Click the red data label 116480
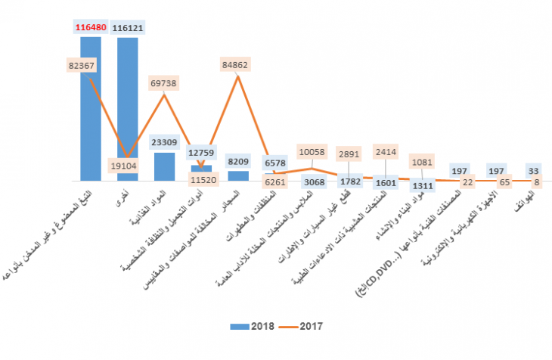coord(91,28)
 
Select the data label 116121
coord(128,28)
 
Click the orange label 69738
coord(165,82)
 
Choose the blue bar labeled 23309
coord(164,166)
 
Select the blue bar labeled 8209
coord(238,175)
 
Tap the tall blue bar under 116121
coord(128,106)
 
